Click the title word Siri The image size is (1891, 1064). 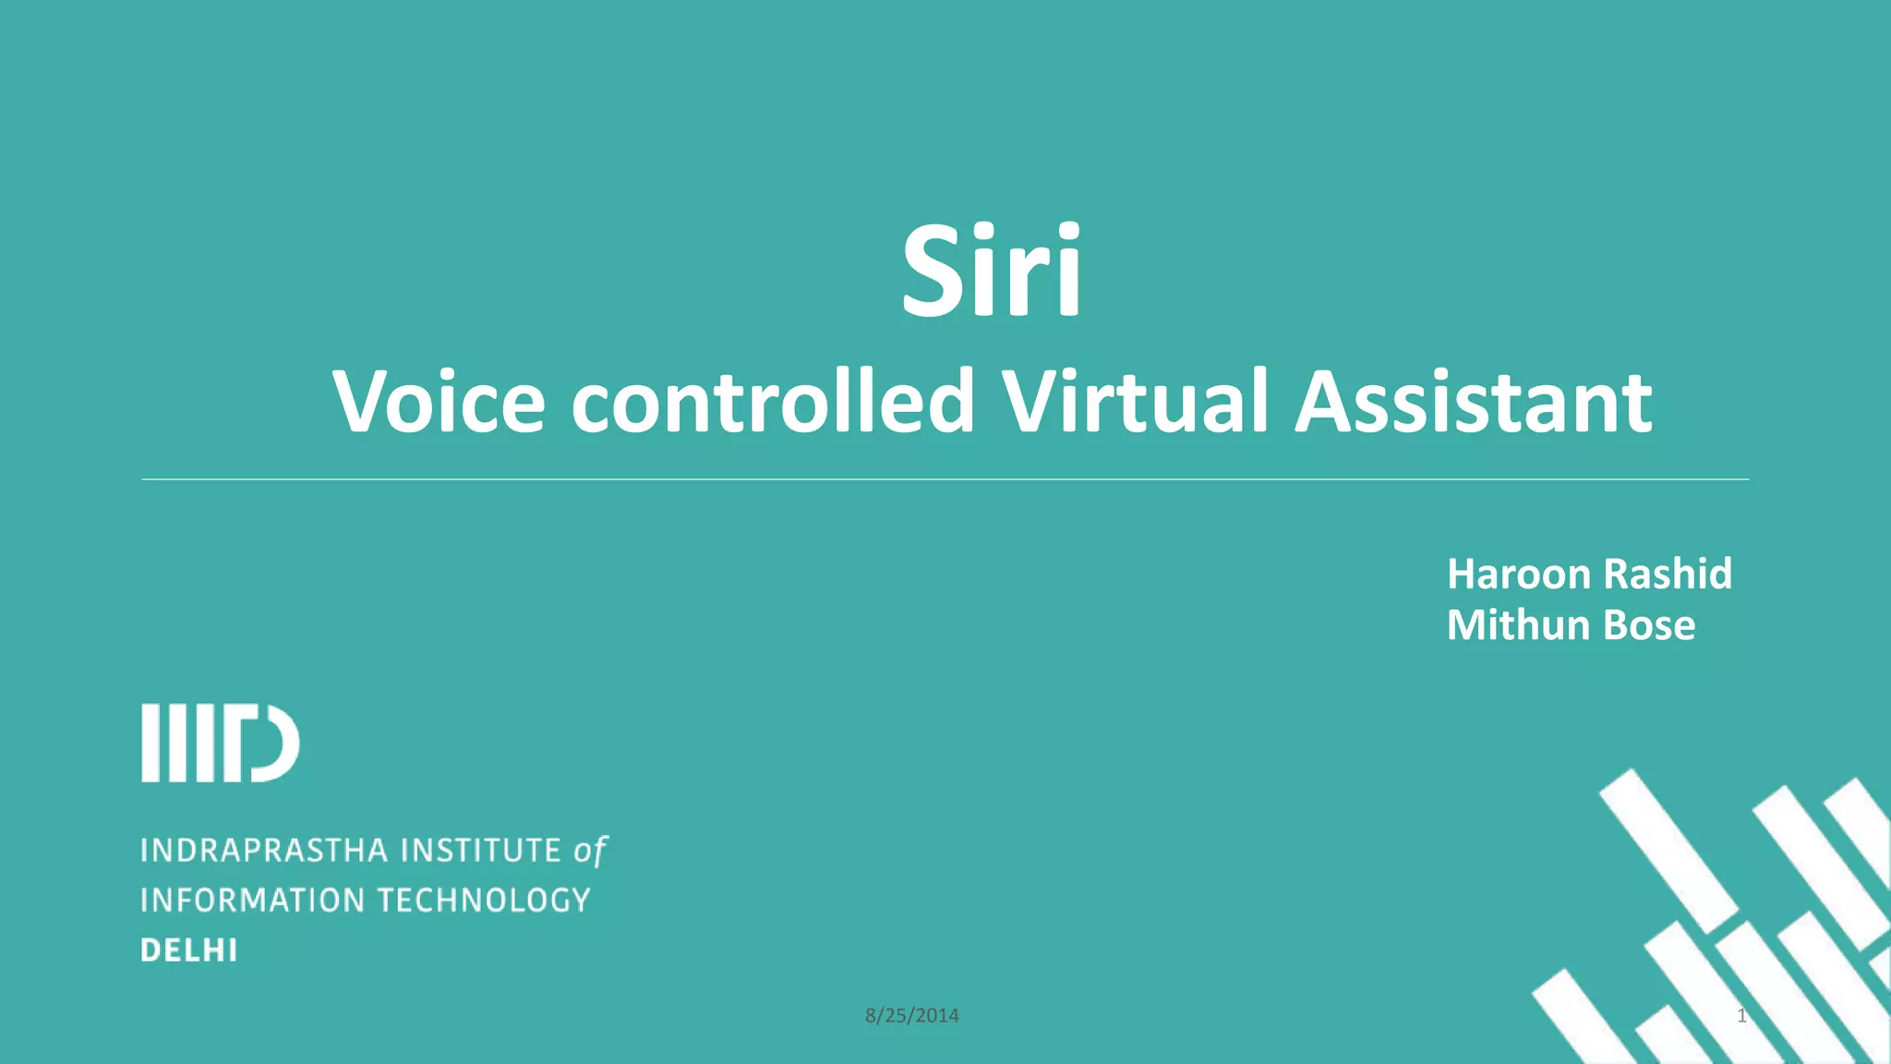(991, 272)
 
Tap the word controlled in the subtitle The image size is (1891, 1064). (773, 402)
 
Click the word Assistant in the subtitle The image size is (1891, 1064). (1473, 402)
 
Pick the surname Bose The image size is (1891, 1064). (1649, 625)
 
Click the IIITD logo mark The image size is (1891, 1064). (220, 744)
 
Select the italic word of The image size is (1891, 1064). (590, 851)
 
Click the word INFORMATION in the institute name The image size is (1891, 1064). (252, 901)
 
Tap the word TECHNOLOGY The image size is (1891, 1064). (484, 901)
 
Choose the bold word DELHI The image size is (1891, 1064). (189, 950)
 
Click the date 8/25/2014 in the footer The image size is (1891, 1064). (911, 1016)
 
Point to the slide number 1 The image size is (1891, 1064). (1741, 1016)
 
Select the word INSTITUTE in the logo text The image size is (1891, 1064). (482, 851)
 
